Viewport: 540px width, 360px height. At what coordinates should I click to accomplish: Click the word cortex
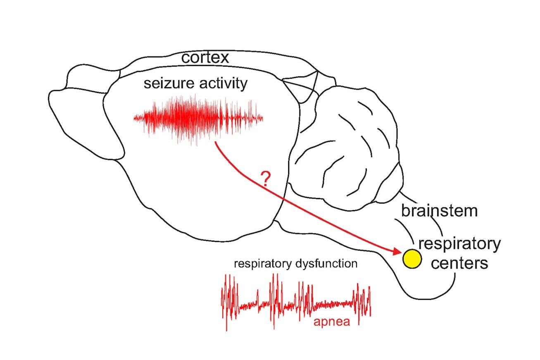tap(205, 58)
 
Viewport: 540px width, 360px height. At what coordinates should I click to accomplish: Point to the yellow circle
tap(412, 259)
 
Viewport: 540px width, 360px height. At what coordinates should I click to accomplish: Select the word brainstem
tap(439, 211)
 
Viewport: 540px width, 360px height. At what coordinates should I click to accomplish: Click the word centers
tap(459, 263)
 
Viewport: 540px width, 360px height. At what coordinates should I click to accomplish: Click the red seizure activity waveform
tap(197, 118)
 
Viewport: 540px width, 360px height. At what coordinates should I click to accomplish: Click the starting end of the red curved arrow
tap(216, 143)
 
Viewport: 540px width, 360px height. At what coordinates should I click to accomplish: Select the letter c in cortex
tap(186, 58)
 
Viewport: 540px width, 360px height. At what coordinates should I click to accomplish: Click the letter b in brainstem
tap(406, 211)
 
